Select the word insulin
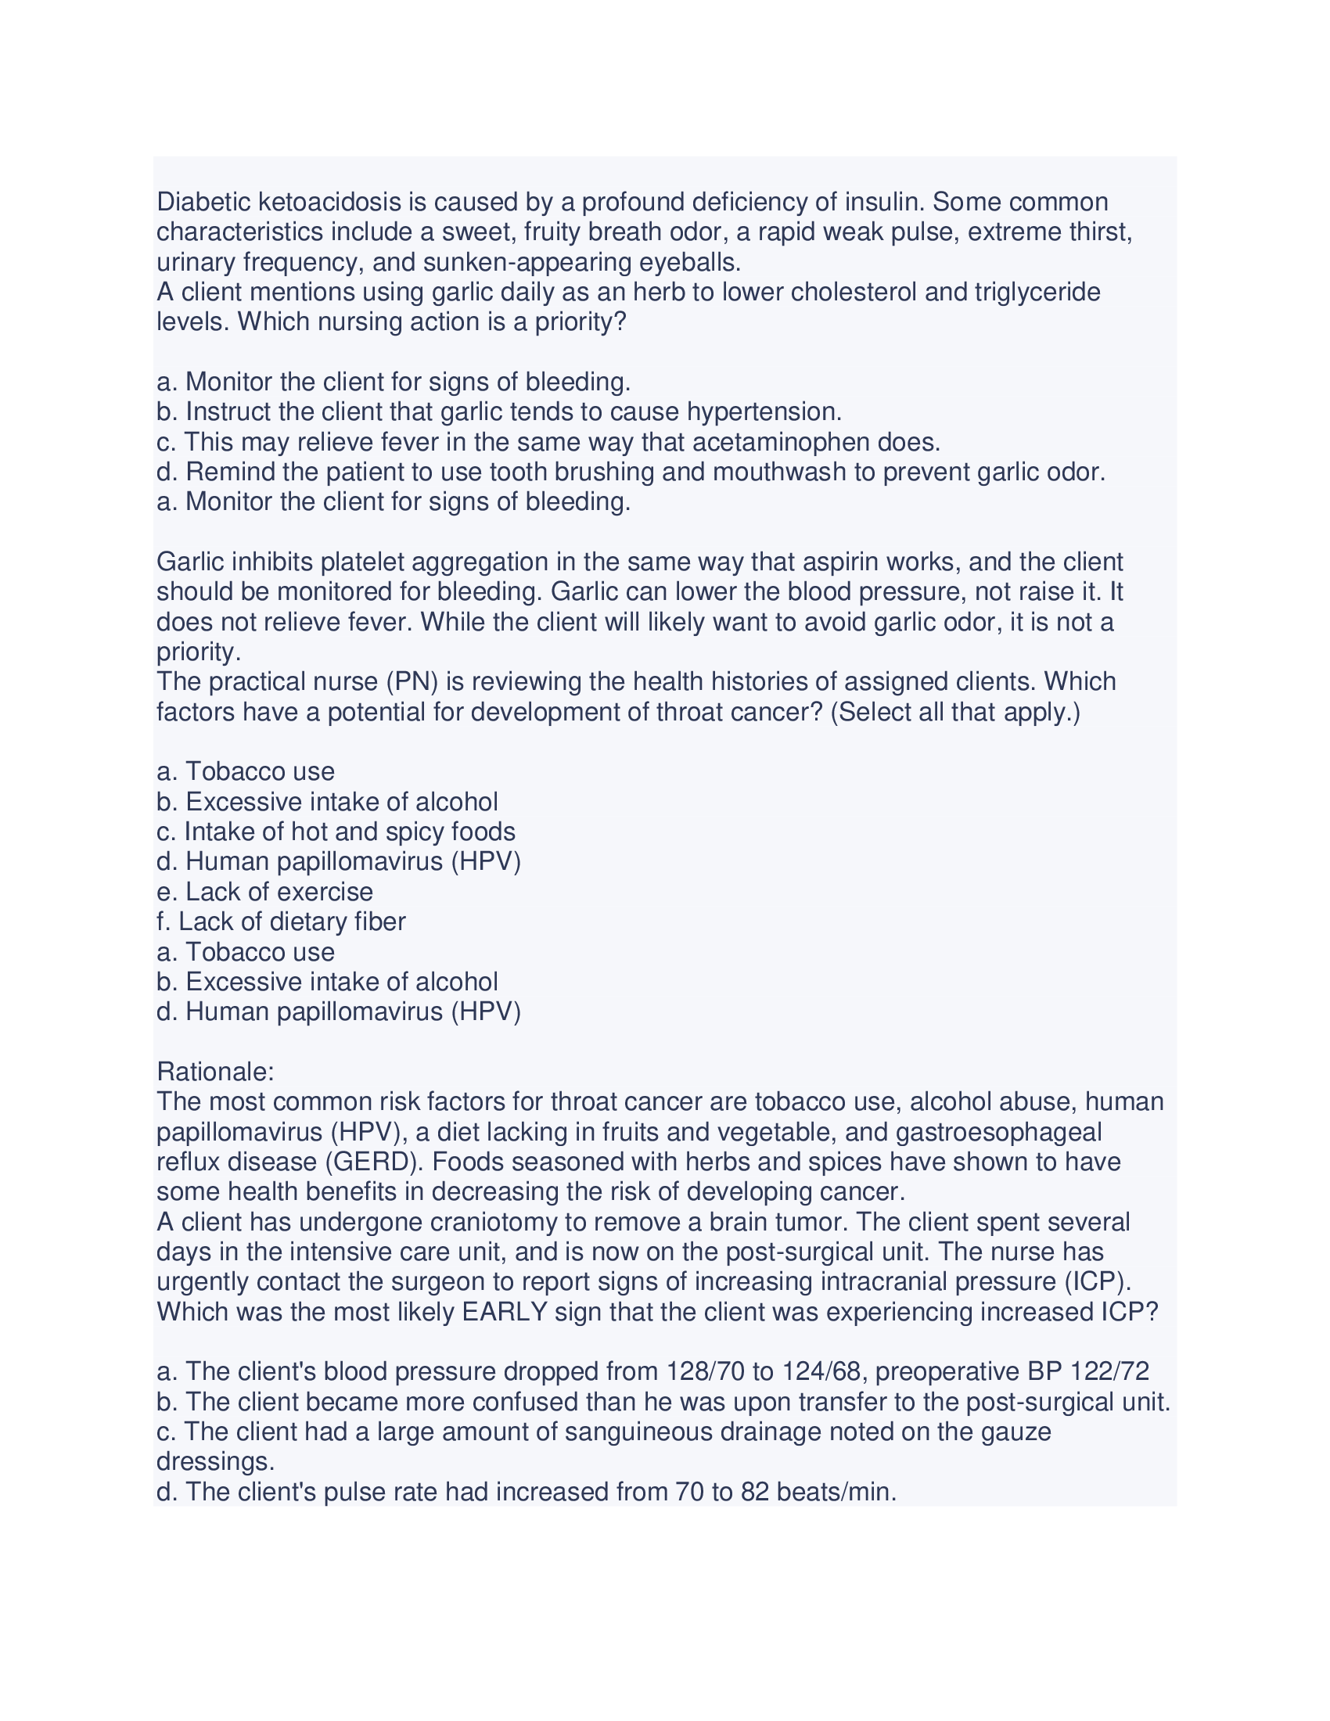883,203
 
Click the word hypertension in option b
764,412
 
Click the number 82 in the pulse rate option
755,1492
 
